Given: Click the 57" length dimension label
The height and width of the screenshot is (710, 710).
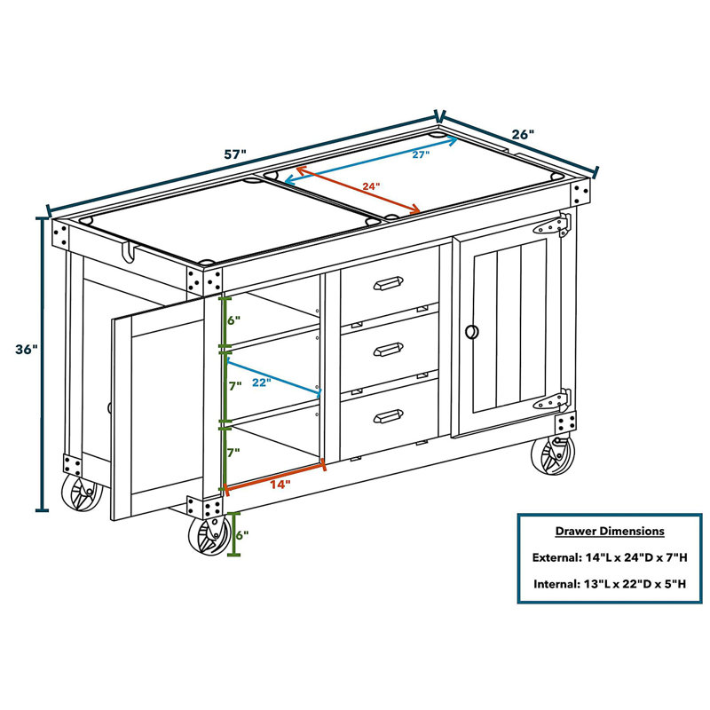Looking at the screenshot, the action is click(235, 154).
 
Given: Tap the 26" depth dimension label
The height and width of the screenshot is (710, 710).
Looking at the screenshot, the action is click(523, 135).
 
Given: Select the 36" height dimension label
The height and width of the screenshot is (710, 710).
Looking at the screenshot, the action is click(27, 350).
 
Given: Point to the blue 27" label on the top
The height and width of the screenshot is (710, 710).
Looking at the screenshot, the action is click(421, 154).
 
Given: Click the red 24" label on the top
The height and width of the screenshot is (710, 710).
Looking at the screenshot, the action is click(371, 186).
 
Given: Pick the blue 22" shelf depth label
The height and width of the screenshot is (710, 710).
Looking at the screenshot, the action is click(261, 383).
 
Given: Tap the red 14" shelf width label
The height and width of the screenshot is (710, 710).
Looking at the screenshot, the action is click(280, 485).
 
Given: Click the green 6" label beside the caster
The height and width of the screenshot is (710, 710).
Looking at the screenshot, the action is click(242, 535).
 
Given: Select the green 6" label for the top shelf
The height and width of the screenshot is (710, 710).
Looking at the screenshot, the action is click(233, 320).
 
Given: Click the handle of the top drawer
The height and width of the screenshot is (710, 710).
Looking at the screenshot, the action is click(388, 283).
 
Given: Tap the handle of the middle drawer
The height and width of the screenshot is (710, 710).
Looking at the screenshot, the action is click(388, 349).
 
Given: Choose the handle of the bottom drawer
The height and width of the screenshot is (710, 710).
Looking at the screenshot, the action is click(388, 416).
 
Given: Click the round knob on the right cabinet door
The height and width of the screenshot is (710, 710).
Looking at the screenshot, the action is click(472, 331).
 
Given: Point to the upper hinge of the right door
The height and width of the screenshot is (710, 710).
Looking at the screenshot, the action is click(552, 225).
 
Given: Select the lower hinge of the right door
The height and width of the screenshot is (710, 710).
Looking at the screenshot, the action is click(552, 400).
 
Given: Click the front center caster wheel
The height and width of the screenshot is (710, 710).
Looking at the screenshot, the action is click(209, 536).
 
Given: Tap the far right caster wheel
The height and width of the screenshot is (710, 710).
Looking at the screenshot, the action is click(552, 455).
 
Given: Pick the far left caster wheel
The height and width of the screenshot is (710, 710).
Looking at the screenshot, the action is click(82, 493).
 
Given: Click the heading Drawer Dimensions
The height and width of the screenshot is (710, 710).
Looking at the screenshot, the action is click(610, 531).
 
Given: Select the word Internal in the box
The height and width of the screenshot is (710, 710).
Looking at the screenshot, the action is click(556, 584).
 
